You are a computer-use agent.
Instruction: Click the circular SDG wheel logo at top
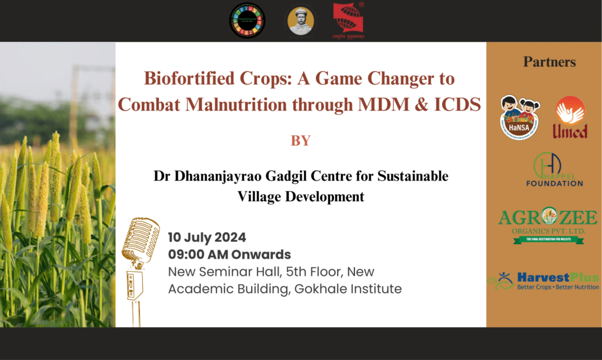247,21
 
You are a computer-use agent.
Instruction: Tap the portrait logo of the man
300,21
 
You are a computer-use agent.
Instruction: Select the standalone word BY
300,141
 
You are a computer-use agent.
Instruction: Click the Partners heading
549,62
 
